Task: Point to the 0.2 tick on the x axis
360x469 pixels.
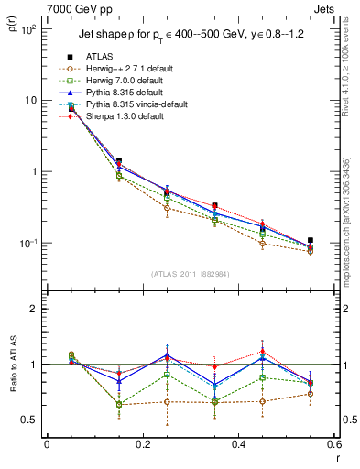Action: [142, 444]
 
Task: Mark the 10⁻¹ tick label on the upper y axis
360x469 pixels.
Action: [27, 243]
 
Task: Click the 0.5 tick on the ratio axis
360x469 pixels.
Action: [28, 420]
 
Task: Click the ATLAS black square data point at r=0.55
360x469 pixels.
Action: [311, 240]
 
